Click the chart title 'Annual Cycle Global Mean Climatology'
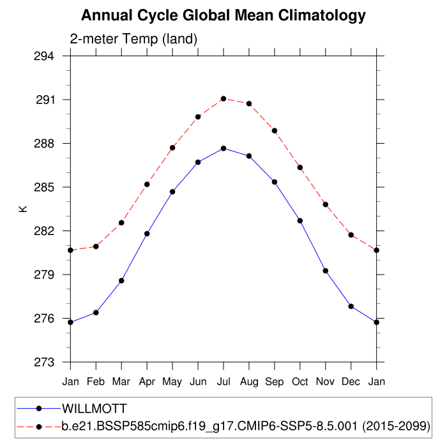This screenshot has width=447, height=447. (x=223, y=15)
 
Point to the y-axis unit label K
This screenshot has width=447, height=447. (x=23, y=209)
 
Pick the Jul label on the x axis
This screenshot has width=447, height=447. (x=223, y=382)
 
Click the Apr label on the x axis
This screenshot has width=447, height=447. (x=147, y=382)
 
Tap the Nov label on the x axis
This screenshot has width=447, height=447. (x=326, y=382)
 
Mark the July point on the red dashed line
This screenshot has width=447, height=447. (x=223, y=98)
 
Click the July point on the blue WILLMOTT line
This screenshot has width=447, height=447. (x=223, y=148)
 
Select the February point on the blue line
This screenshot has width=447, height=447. (x=96, y=312)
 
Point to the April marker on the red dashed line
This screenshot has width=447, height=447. (x=147, y=185)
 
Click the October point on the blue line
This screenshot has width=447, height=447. (x=300, y=220)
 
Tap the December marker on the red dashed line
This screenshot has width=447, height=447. (x=351, y=235)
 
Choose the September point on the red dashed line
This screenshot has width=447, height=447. (x=275, y=130)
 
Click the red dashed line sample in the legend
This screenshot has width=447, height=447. (x=39, y=425)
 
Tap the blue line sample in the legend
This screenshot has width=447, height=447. (x=39, y=408)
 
